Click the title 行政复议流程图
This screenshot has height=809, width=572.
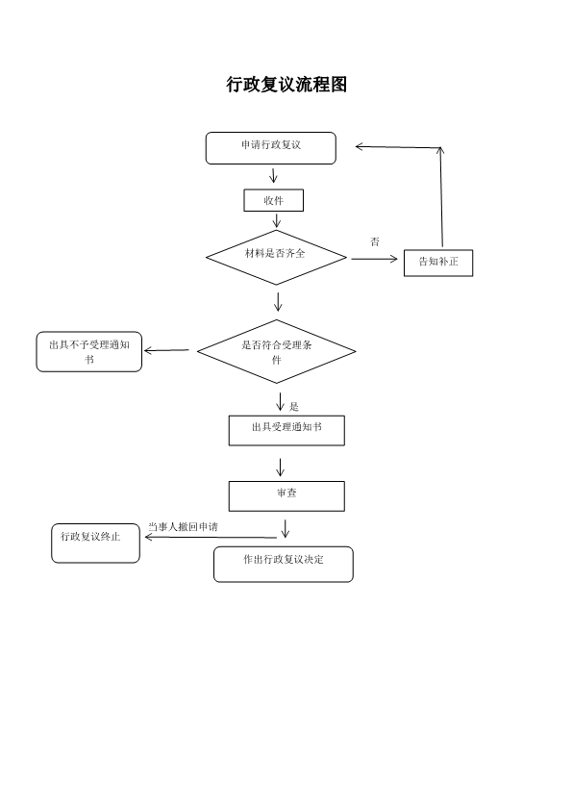click(286, 85)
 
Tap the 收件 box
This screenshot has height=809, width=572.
click(273, 200)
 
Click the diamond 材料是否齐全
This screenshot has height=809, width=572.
click(276, 257)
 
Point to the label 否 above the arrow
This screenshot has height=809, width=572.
click(375, 241)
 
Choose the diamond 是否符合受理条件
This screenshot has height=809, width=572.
click(277, 352)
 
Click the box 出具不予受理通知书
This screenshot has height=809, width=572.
click(89, 352)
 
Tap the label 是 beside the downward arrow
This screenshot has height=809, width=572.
click(294, 407)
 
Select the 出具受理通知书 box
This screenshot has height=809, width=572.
click(286, 430)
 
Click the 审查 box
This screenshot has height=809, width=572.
click(286, 495)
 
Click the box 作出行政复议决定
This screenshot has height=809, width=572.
click(283, 564)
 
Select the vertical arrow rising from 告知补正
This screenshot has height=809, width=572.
click(441, 197)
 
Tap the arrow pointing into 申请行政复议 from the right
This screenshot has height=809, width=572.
click(396, 147)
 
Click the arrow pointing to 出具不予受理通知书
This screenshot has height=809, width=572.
click(166, 350)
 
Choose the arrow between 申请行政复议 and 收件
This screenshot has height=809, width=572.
click(274, 176)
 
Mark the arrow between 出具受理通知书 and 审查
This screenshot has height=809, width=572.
click(281, 467)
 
